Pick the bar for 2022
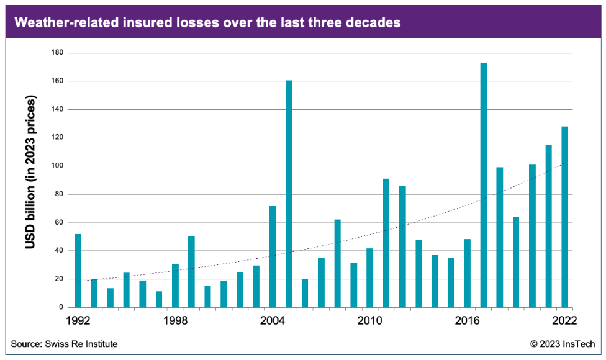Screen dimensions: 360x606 point(564,217)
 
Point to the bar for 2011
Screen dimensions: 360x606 point(386,243)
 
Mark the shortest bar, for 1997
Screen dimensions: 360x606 point(159,299)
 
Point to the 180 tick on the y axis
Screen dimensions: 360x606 point(58,53)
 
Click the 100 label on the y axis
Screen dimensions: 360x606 point(58,166)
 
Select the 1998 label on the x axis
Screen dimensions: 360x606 point(176,321)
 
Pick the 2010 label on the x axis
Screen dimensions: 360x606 point(370,321)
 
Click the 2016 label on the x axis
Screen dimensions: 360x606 point(468,321)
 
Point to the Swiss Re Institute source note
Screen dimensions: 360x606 point(64,343)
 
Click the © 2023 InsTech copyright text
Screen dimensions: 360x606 point(563,343)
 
